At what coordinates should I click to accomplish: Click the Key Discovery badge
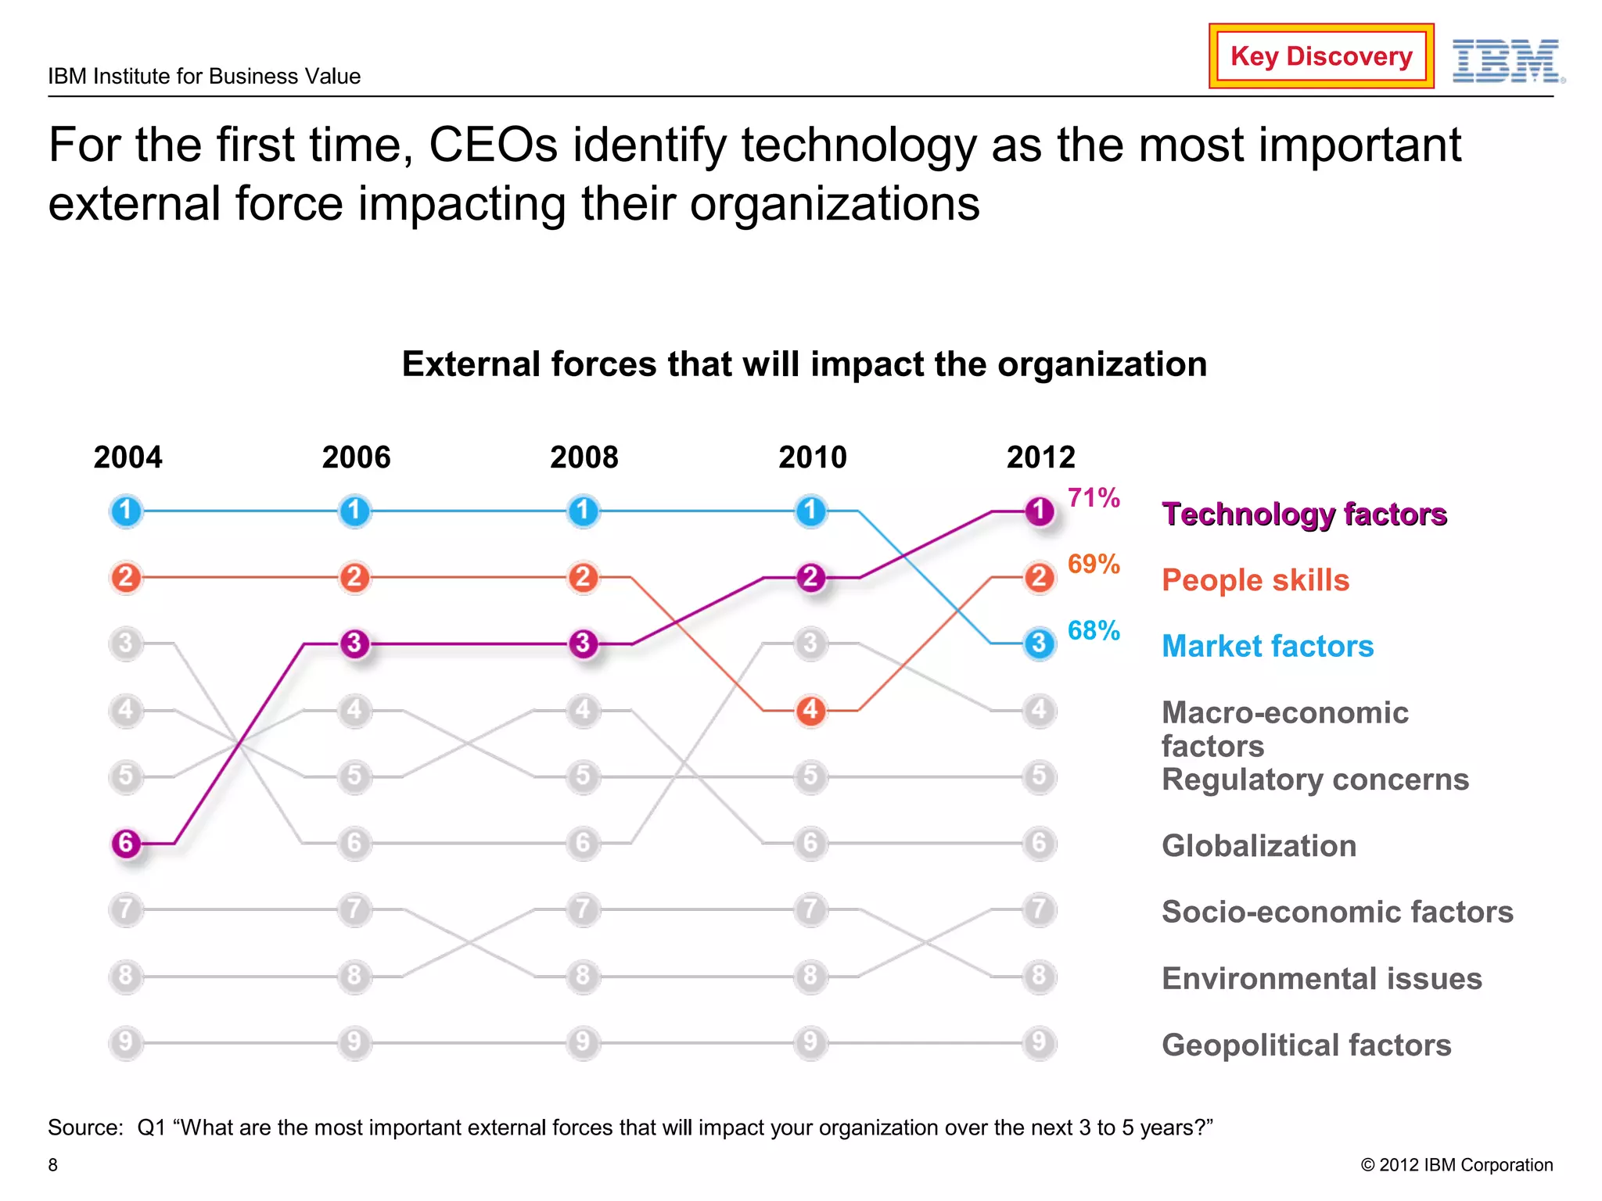click(x=1320, y=56)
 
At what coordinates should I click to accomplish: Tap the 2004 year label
click(x=128, y=457)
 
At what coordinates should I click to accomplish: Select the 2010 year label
click(x=812, y=457)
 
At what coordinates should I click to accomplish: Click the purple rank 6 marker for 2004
click(x=126, y=843)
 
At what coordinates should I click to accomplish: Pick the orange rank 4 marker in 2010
click(x=811, y=710)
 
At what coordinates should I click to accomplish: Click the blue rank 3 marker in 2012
click(x=1039, y=644)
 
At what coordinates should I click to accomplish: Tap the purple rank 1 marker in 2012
click(x=1039, y=511)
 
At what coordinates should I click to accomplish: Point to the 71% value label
click(x=1094, y=498)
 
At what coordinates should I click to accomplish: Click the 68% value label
click(x=1094, y=631)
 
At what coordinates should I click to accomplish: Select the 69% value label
click(x=1094, y=565)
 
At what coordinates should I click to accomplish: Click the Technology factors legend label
click(x=1304, y=514)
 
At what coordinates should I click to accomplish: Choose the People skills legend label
click(x=1255, y=580)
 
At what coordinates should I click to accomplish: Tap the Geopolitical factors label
click(x=1306, y=1045)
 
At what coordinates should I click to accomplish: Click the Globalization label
click(x=1259, y=846)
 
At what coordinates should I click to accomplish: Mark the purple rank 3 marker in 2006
click(x=354, y=644)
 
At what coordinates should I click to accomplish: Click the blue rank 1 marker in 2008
click(x=583, y=511)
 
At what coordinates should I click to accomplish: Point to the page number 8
click(x=53, y=1165)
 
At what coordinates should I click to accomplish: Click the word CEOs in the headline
click(x=493, y=145)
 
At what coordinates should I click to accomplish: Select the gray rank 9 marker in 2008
click(x=583, y=1042)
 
